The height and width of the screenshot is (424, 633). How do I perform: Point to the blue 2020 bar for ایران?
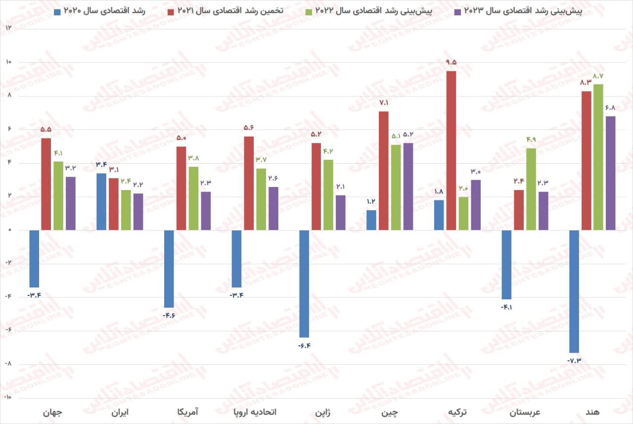101,201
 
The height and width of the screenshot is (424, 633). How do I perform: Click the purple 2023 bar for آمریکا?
205,211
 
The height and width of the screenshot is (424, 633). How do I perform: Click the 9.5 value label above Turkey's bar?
451,62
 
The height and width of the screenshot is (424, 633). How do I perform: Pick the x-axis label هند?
592,412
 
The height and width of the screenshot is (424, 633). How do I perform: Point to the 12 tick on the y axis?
8,28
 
